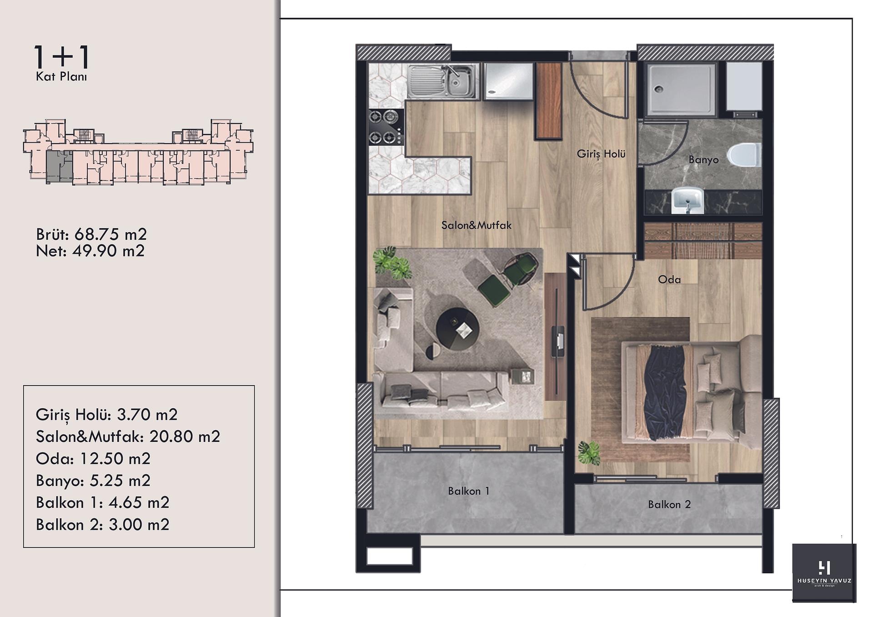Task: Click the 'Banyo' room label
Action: (x=703, y=160)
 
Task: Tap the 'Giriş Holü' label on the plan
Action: (x=601, y=154)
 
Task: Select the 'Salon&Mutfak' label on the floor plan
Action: (x=477, y=225)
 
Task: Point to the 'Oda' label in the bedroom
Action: (x=669, y=279)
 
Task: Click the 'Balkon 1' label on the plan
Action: (x=469, y=491)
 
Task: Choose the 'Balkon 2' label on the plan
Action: (x=669, y=504)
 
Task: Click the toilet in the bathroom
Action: (x=744, y=155)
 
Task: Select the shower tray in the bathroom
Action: (x=680, y=90)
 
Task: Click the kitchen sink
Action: (x=443, y=81)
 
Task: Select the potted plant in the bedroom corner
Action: (x=589, y=453)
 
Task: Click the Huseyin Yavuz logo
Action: (x=824, y=573)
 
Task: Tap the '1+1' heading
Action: (x=62, y=57)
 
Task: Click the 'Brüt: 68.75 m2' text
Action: (x=91, y=235)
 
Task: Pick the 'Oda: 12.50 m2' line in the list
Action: (x=93, y=459)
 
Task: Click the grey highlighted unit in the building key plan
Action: (x=59, y=167)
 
